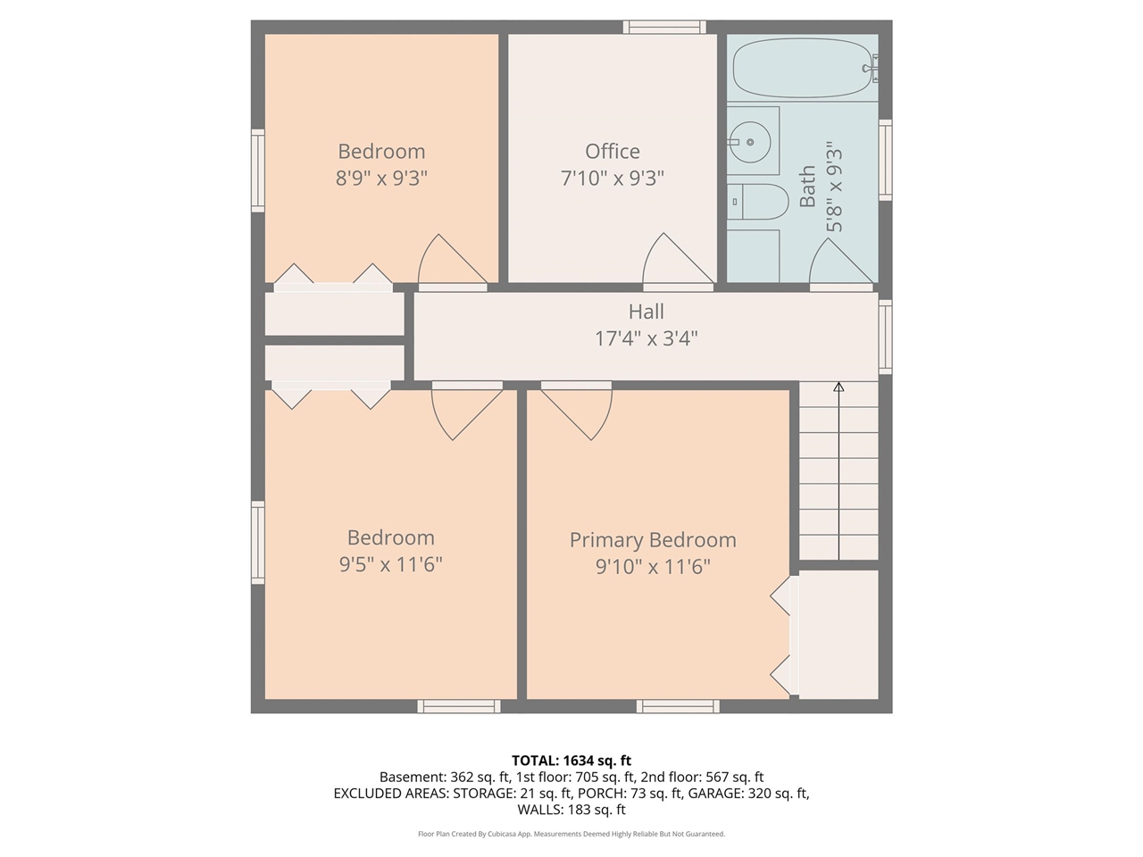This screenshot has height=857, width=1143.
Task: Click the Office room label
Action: coord(612,151)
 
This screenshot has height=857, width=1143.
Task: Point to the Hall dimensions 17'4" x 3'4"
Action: coord(646,338)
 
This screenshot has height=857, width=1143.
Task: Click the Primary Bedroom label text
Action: coord(653,540)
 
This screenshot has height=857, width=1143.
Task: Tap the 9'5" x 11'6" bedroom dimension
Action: coord(390,564)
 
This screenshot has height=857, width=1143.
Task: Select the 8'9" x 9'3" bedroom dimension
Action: coord(381,178)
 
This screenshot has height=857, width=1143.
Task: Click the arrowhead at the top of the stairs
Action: coord(838,387)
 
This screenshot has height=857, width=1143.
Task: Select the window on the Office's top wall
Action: coord(664,27)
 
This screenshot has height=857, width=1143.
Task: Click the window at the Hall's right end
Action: coord(885,336)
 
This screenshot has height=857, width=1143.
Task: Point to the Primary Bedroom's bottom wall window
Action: coord(678,706)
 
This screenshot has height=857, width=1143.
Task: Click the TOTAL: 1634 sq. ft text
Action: coord(571,761)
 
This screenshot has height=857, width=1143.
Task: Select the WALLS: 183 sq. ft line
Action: coord(571,810)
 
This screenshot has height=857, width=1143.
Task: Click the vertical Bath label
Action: coord(807,186)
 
